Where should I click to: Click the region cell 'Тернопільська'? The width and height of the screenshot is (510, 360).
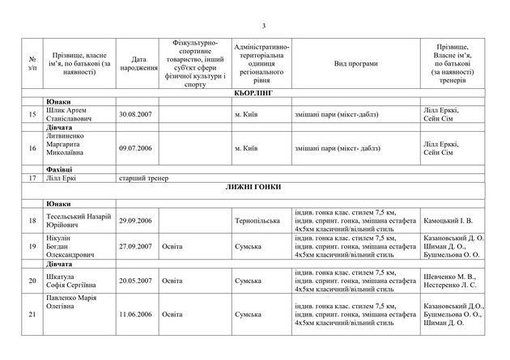(257, 218)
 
